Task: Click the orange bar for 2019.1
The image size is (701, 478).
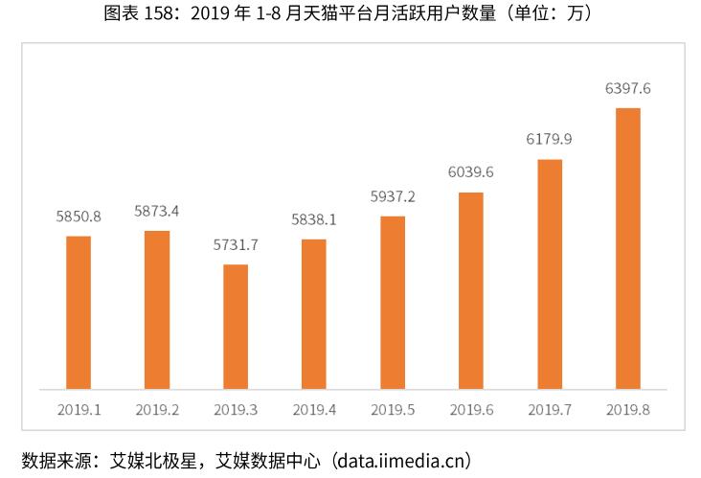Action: pyautogui.click(x=79, y=312)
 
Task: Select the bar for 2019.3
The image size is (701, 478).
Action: pyautogui.click(x=236, y=327)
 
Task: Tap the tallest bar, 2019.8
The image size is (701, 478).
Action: pyautogui.click(x=628, y=248)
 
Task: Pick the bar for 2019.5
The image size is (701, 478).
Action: pyautogui.click(x=393, y=303)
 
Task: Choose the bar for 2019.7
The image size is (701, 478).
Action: pyautogui.click(x=550, y=274)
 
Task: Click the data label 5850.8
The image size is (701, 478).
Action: pyautogui.click(x=79, y=216)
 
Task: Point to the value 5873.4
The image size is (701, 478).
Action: pyautogui.click(x=157, y=211)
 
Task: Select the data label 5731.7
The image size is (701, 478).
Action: pyautogui.click(x=236, y=244)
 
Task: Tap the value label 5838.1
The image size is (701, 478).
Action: pyautogui.click(x=314, y=219)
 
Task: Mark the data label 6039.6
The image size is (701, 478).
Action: pyautogui.click(x=471, y=172)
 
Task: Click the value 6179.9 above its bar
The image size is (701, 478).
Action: pyautogui.click(x=550, y=139)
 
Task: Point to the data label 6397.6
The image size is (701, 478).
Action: pyautogui.click(x=628, y=88)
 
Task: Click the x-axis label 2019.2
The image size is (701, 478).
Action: pyautogui.click(x=157, y=410)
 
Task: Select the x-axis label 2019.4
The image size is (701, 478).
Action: pyautogui.click(x=314, y=410)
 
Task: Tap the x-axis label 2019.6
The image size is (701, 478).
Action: pyautogui.click(x=471, y=410)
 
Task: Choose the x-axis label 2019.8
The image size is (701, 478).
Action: pyautogui.click(x=628, y=410)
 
